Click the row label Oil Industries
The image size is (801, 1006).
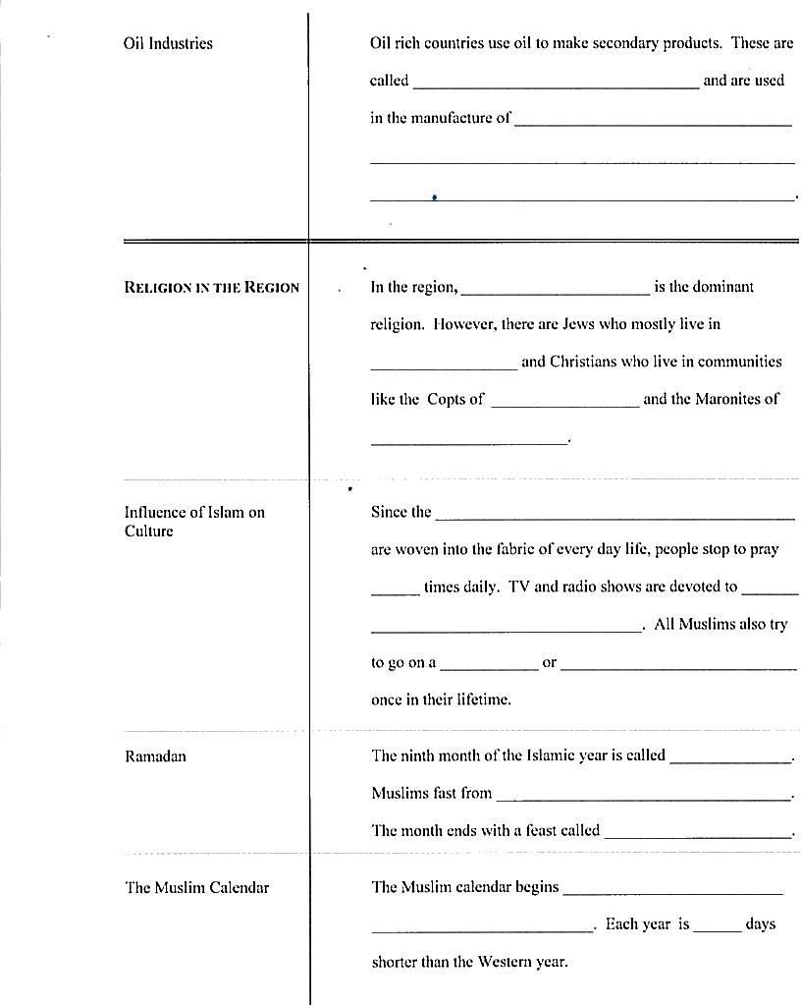[168, 43]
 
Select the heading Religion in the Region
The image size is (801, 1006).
[211, 287]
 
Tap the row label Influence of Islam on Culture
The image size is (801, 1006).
[194, 522]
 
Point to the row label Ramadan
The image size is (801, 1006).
[155, 756]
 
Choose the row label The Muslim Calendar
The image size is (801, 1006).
[196, 887]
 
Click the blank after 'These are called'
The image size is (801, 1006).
[556, 83]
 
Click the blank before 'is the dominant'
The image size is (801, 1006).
[556, 289]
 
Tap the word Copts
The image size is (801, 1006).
[447, 399]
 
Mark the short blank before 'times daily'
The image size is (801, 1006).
[396, 589]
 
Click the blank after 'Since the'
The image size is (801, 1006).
[614, 514]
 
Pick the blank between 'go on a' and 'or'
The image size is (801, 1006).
[489, 664]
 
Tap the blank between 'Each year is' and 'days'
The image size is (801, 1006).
[717, 926]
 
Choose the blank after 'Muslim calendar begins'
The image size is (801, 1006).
[673, 890]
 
